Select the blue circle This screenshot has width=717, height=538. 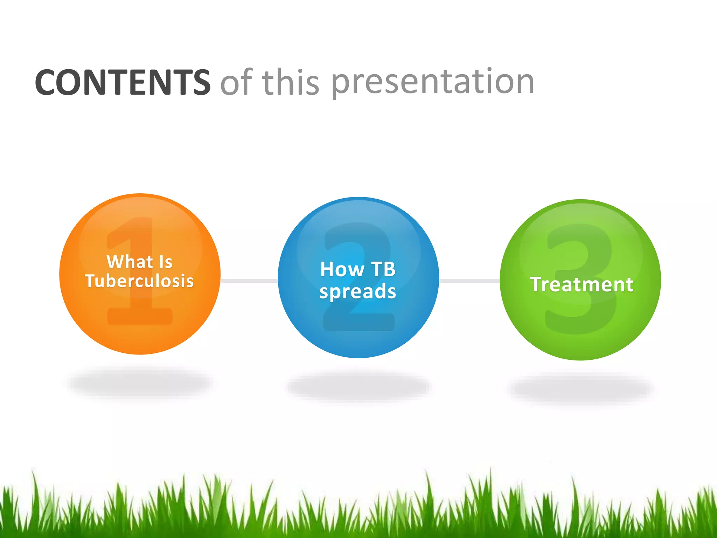coord(358,326)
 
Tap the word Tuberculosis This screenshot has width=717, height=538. coord(139,281)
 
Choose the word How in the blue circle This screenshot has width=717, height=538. coord(342,269)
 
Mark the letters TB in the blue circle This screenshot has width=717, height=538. coord(383,269)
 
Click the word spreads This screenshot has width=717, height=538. coord(358,291)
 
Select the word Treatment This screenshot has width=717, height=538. coord(582,284)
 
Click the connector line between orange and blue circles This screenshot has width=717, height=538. coord(249,281)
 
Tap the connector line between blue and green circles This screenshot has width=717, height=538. coord(469,281)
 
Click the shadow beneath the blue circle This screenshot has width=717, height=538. coord(358,387)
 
